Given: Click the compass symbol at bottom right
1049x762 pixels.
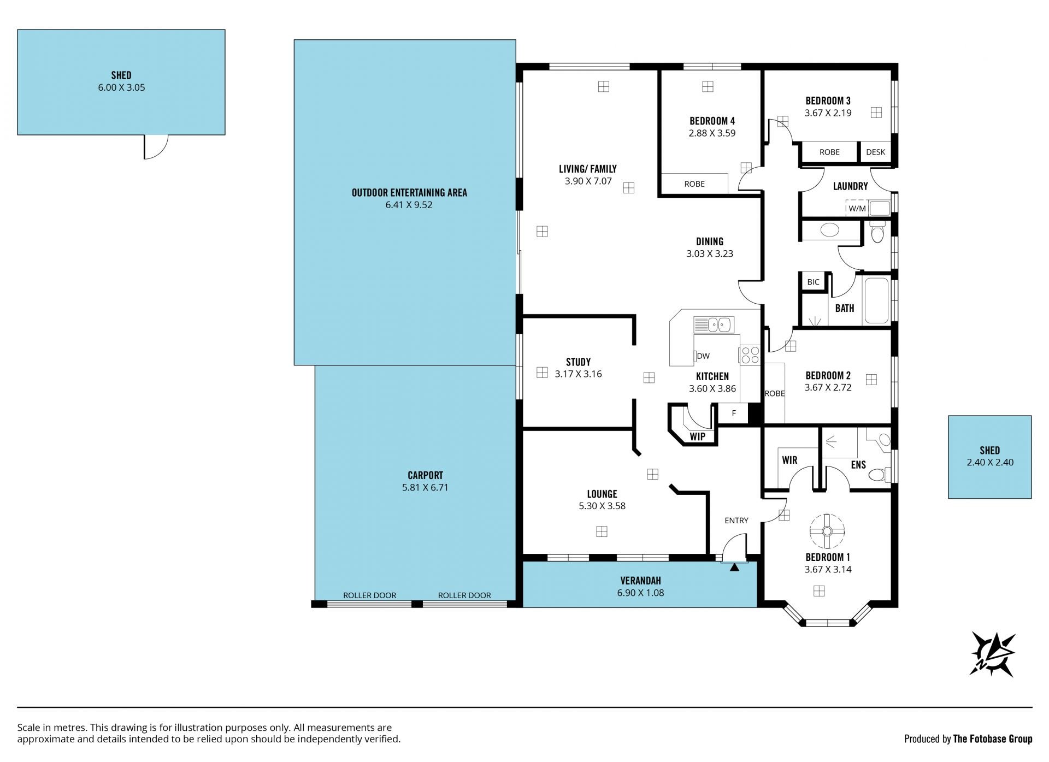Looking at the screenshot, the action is pos(992,654).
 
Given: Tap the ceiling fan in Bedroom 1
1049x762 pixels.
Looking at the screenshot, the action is pos(827,531).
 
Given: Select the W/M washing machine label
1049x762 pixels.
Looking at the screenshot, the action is pos(857,208).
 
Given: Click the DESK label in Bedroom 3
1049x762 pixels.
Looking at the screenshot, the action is pos(875,152).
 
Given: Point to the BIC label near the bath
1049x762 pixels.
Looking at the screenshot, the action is pos(813,282).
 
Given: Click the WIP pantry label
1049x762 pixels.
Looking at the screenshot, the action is pos(697,436).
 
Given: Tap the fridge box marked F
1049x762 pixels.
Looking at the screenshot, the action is pos(734,413).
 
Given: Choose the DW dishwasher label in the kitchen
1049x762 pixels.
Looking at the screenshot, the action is pos(703,356).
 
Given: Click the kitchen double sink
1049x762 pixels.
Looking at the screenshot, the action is pos(714,325).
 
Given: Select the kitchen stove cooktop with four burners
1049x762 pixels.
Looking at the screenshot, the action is pos(749,355).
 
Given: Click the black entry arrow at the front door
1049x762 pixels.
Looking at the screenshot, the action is pos(734,568).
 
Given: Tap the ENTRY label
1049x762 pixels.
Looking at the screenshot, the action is pos(736,521).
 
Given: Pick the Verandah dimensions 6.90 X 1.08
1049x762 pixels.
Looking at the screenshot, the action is pos(640,593).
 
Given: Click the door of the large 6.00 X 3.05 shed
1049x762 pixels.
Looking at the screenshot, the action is pos(156,147).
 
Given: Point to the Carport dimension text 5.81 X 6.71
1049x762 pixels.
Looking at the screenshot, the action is pos(425,487).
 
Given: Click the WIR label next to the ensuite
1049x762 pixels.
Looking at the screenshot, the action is pos(789,460).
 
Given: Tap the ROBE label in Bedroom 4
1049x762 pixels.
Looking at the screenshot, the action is pos(694,184).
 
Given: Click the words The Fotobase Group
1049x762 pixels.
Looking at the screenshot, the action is pos(993,739).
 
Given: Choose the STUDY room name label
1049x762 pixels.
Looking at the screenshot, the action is pos(578,362).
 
